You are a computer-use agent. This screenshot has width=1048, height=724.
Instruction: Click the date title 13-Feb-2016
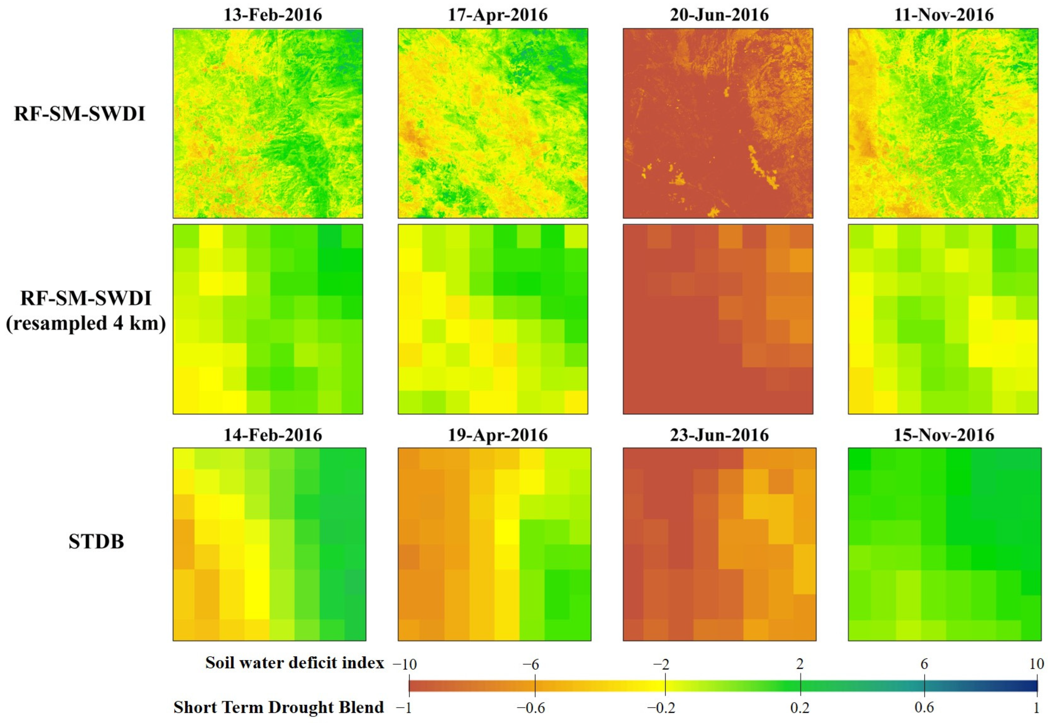pyautogui.click(x=273, y=15)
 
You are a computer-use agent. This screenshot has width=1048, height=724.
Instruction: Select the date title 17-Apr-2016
pyautogui.click(x=498, y=15)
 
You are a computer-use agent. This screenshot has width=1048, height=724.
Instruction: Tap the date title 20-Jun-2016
pyautogui.click(x=719, y=15)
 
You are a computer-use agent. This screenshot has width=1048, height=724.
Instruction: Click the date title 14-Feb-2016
pyautogui.click(x=273, y=435)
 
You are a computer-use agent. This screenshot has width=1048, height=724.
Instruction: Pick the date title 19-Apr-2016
pyautogui.click(x=498, y=435)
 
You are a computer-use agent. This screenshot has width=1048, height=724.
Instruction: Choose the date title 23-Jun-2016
pyautogui.click(x=719, y=435)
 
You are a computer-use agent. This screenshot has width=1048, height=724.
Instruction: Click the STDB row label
pyautogui.click(x=96, y=542)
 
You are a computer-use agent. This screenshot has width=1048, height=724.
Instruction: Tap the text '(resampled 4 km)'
pyautogui.click(x=86, y=324)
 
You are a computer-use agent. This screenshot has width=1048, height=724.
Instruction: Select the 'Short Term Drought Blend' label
pyautogui.click(x=279, y=707)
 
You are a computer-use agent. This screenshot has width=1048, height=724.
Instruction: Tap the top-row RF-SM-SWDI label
pyautogui.click(x=79, y=114)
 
